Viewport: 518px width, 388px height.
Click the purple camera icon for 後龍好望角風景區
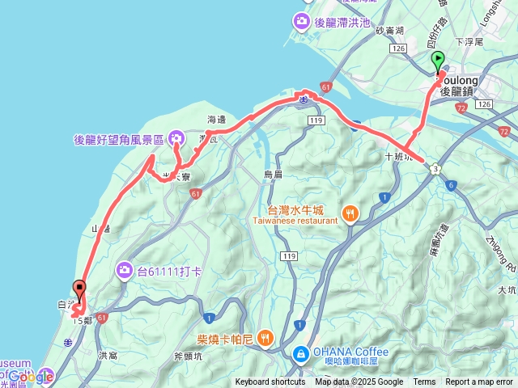175,139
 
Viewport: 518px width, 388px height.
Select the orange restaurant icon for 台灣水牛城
350,214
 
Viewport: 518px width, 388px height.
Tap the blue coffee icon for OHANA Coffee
300,354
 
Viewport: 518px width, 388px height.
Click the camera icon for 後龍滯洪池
302,20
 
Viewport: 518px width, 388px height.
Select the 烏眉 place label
273,174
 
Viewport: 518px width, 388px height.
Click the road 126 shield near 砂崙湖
397,48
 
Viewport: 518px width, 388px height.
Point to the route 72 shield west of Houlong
461,107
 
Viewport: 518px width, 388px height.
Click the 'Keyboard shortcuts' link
270,382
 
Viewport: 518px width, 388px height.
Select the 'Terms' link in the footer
424,382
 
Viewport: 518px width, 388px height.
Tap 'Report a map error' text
479,382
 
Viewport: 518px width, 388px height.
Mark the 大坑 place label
507,289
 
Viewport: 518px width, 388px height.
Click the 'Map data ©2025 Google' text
359,382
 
